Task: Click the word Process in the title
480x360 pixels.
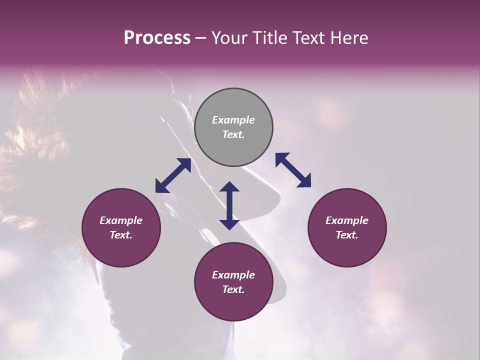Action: coord(157,38)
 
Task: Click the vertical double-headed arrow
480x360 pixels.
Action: coord(229,205)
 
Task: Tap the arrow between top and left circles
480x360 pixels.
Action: coord(173,175)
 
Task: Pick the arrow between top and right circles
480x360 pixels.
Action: coord(293,170)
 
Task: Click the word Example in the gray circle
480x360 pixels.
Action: coord(233,120)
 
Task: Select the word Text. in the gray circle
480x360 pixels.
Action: coord(233,134)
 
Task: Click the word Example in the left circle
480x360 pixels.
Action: coord(121,220)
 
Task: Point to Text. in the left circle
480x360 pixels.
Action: coord(121,235)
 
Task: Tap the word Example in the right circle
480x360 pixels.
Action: coord(347,220)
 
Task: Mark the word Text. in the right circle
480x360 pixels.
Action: coord(347,235)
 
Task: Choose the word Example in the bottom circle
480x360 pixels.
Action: coord(233,275)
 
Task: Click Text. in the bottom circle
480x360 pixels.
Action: coord(233,289)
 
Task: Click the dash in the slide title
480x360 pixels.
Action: coord(201,38)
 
